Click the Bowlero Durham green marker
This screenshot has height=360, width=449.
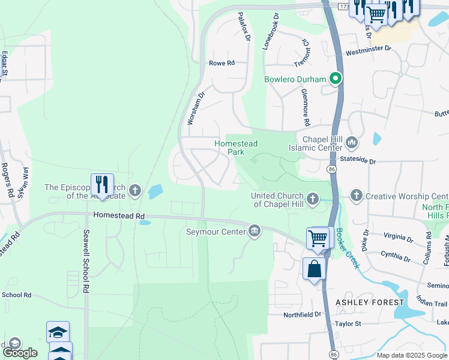tap(336, 79)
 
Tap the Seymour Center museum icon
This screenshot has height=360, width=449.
tap(255, 232)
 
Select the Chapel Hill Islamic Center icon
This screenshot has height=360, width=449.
tap(351, 143)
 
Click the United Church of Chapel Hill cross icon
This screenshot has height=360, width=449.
tap(312, 199)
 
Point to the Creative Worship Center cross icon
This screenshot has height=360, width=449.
tap(357, 196)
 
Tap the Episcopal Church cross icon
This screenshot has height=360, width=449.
tap(136, 191)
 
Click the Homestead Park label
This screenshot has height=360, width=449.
tap(236, 148)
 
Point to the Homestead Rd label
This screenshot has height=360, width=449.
tap(119, 215)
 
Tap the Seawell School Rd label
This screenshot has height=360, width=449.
tap(86, 261)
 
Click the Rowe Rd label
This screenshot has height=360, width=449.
tap(220, 63)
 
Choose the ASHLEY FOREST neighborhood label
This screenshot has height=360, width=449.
tap(370, 302)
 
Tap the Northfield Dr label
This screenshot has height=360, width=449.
tap(303, 314)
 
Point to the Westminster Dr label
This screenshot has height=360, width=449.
tap(368, 50)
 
